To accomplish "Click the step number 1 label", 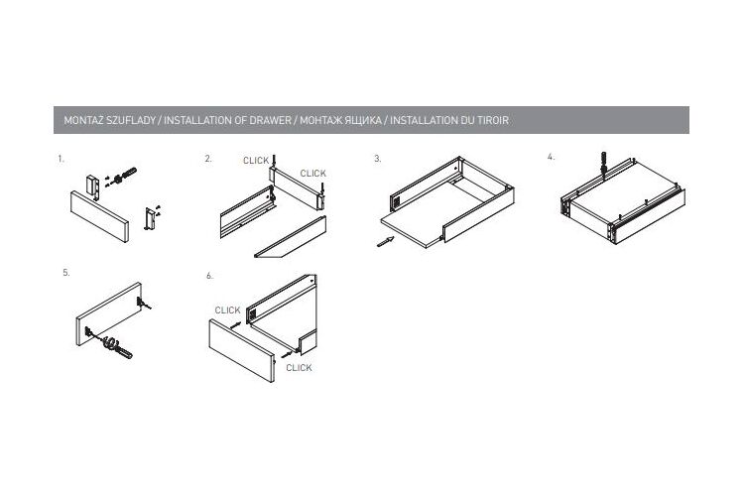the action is pyautogui.click(x=61, y=159).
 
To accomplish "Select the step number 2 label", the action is pyautogui.click(x=208, y=159).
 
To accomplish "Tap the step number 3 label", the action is pyautogui.click(x=378, y=159).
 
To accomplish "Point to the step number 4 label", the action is pyautogui.click(x=551, y=157).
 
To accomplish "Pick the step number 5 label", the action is pyautogui.click(x=66, y=273).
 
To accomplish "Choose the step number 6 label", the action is pyautogui.click(x=209, y=276).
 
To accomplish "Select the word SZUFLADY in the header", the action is pyautogui.click(x=131, y=121).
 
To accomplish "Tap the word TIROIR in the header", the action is pyautogui.click(x=492, y=121).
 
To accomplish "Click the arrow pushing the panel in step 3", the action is pyautogui.click(x=385, y=242).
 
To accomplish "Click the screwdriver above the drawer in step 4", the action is pyautogui.click(x=604, y=164).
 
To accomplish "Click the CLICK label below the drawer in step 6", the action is pyautogui.click(x=299, y=368).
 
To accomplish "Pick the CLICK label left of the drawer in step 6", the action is pyautogui.click(x=227, y=310).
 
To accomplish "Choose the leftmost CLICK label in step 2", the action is pyautogui.click(x=256, y=161).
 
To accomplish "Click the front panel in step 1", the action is pyautogui.click(x=99, y=216).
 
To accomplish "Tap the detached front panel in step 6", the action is pyautogui.click(x=242, y=350).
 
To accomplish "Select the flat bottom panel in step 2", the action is pyautogui.click(x=291, y=237).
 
